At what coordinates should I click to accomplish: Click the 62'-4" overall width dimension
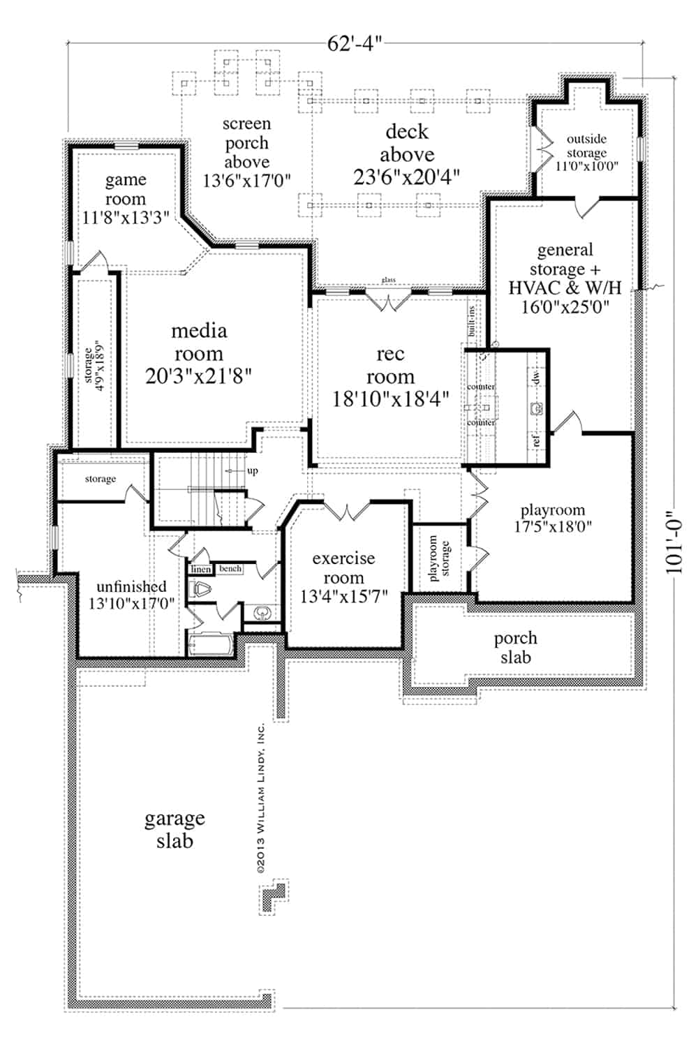pyautogui.click(x=355, y=44)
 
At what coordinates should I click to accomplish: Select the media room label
pyautogui.click(x=199, y=353)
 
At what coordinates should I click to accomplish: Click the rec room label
pyautogui.click(x=390, y=376)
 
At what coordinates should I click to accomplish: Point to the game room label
pyautogui.click(x=126, y=199)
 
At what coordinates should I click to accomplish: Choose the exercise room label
pyautogui.click(x=343, y=577)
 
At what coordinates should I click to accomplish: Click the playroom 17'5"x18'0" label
pyautogui.click(x=553, y=518)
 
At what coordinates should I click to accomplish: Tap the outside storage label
pyautogui.click(x=586, y=152)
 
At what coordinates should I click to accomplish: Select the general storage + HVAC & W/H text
pyautogui.click(x=565, y=278)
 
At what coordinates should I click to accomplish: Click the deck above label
pyautogui.click(x=407, y=154)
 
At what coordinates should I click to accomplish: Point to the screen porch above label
pyautogui.click(x=246, y=152)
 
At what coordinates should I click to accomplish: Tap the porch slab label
pyautogui.click(x=515, y=647)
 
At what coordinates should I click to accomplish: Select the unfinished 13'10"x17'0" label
pyautogui.click(x=131, y=595)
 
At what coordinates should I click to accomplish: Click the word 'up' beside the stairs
pyautogui.click(x=253, y=470)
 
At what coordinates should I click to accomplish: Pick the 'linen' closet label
pyautogui.click(x=201, y=570)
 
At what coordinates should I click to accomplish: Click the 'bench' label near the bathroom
pyautogui.click(x=230, y=569)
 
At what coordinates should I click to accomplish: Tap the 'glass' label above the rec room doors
pyautogui.click(x=388, y=281)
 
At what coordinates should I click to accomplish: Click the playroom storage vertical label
pyautogui.click(x=439, y=558)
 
